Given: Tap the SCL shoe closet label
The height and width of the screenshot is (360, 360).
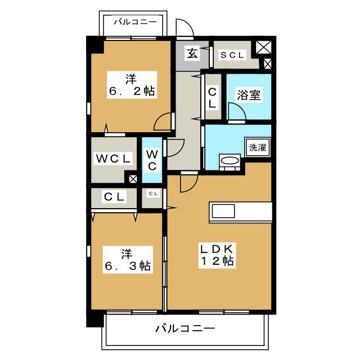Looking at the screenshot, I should click(232, 55).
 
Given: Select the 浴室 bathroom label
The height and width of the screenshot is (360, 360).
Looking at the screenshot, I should click(249, 95).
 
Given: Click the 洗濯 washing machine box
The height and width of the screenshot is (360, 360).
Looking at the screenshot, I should click(258, 148).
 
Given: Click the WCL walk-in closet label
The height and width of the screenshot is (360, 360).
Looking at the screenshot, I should click(113, 159).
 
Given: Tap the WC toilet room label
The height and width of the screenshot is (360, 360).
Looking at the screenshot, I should click(152, 160).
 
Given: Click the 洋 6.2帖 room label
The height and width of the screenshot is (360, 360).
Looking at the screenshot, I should click(131, 84).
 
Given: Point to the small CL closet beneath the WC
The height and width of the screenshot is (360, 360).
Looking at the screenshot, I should click(152, 194).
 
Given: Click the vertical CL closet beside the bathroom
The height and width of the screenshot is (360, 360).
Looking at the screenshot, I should click(212, 97).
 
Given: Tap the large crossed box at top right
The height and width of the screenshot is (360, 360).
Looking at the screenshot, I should click(263, 48).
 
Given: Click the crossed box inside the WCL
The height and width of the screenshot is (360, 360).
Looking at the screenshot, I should click(133, 180).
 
